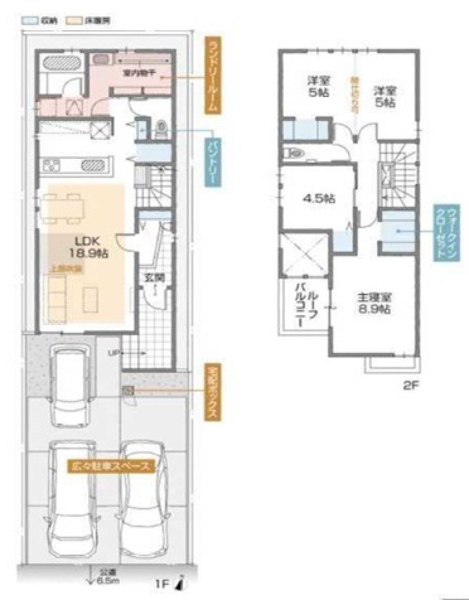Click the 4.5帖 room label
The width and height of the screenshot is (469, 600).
pyautogui.click(x=319, y=199)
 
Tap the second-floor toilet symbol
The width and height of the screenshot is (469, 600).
pyautogui.click(x=294, y=153)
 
